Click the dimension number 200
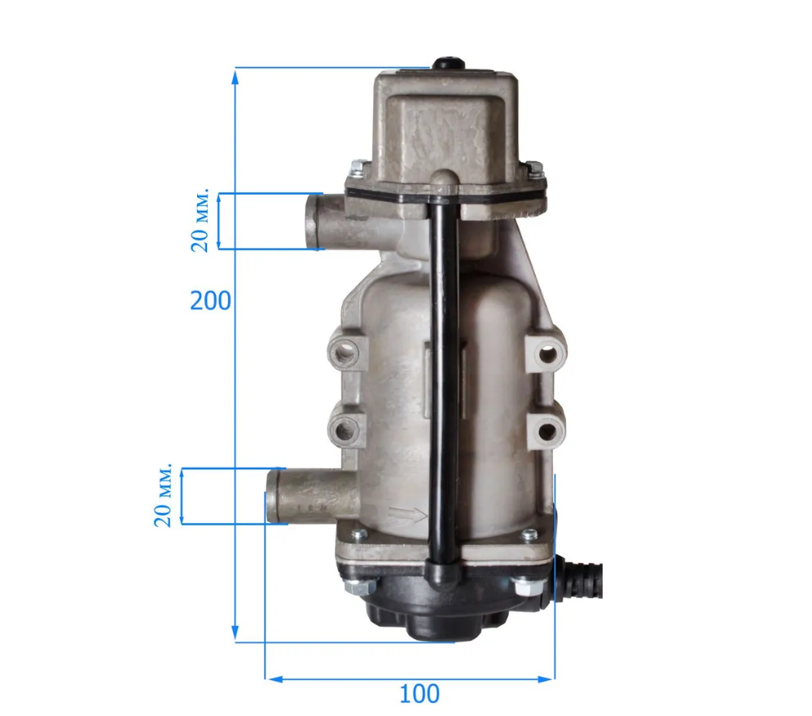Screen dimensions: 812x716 [x=210, y=301]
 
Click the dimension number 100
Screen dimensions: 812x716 [x=419, y=694]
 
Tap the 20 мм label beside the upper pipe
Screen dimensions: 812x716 [x=200, y=220]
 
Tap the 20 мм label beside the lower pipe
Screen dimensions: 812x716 [x=163, y=495]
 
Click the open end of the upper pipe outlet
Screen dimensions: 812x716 [x=312, y=222]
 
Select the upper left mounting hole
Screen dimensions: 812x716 [x=344, y=354]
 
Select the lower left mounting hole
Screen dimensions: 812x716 [x=344, y=430]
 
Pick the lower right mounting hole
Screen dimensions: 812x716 [x=546, y=431]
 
